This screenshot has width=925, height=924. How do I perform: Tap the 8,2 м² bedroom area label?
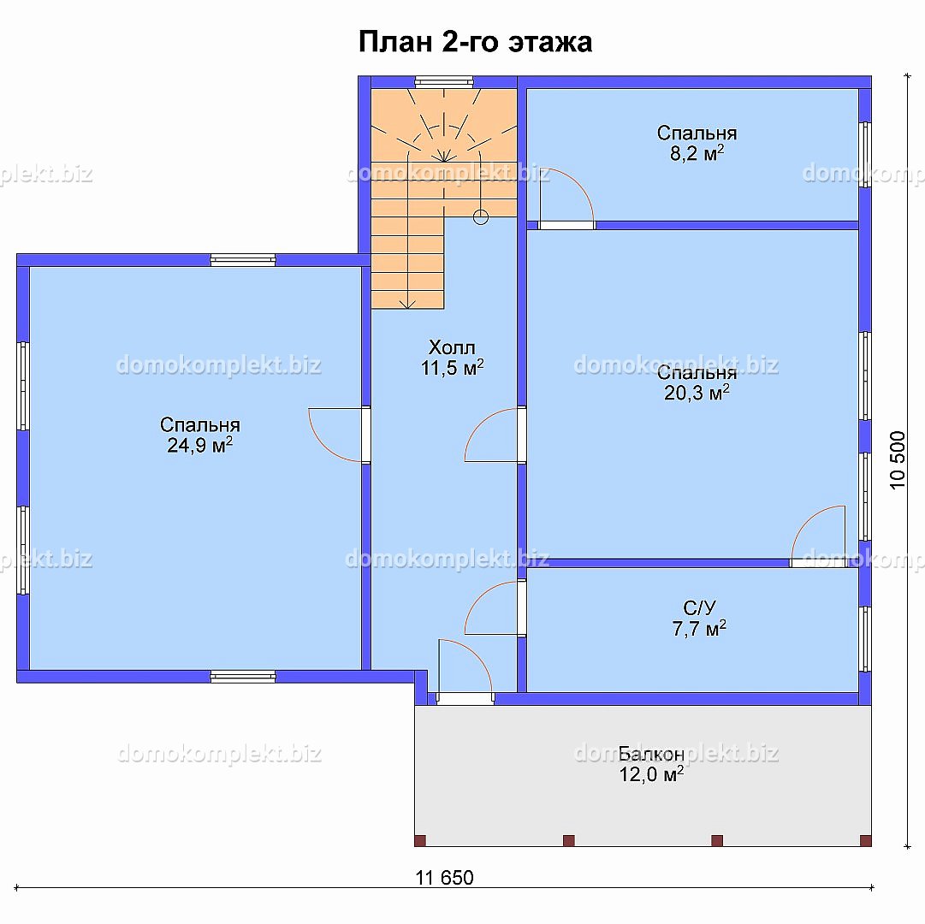[x=697, y=143]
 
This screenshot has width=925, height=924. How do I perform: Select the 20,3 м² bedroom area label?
[x=697, y=382]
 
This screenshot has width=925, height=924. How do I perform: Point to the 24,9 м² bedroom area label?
[x=200, y=435]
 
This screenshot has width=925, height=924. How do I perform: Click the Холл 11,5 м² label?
[x=452, y=358]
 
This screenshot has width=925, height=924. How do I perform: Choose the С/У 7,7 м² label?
[x=699, y=619]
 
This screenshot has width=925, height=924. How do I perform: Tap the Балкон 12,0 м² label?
[x=651, y=764]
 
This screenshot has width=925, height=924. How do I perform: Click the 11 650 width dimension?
[x=444, y=878]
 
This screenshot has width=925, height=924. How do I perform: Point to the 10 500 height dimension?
[x=898, y=460]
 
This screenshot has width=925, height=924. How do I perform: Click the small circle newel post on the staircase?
[x=481, y=217]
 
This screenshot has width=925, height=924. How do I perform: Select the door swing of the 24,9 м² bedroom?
[x=335, y=435]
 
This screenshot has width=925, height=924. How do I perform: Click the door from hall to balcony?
[x=465, y=671]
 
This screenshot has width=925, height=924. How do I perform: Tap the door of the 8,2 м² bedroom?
[x=566, y=198]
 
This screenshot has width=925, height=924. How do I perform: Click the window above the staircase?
[x=444, y=82]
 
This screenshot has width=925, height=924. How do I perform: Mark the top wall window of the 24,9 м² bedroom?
[x=243, y=260]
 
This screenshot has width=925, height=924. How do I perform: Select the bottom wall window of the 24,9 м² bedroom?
[x=243, y=677]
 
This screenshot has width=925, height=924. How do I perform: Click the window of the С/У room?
[x=865, y=638]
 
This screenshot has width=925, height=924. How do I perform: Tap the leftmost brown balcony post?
[x=420, y=840]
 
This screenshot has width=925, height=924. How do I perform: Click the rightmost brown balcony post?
[x=865, y=840]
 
